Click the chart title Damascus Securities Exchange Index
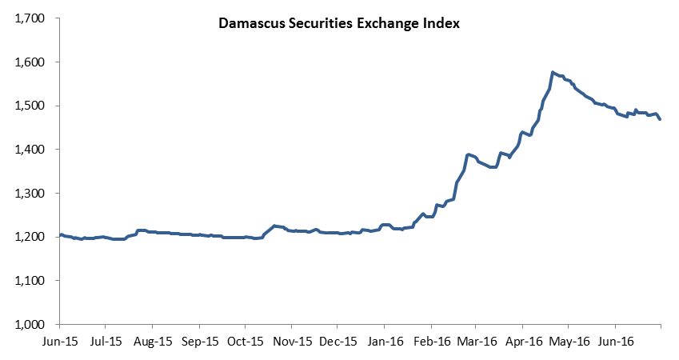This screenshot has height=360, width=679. [338, 23]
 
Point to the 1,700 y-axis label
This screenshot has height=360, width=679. [30, 18]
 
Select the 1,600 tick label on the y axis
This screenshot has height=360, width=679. [30, 62]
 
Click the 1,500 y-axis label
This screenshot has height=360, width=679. [30, 106]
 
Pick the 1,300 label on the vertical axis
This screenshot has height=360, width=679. [30, 194]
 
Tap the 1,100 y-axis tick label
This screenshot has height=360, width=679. [30, 281]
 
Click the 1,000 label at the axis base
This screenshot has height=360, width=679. [30, 325]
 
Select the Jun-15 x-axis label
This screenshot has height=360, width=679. [60, 342]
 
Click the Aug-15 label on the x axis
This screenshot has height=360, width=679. [153, 342]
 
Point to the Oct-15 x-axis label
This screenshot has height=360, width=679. [245, 342]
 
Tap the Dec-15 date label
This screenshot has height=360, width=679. [338, 342]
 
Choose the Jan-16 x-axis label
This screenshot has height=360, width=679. [385, 342]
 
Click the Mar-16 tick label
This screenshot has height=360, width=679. [477, 342]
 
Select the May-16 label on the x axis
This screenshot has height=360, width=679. [569, 342]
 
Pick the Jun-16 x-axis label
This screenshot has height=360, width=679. [615, 342]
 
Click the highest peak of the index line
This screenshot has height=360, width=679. [553, 72]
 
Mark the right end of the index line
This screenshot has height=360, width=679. [660, 119]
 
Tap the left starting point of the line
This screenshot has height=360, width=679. [60, 235]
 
